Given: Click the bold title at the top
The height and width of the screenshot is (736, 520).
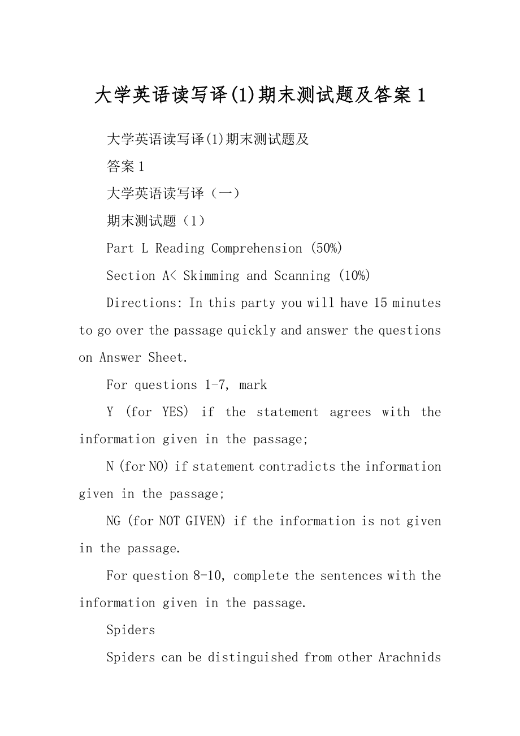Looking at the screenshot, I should pyautogui.click(x=259, y=95).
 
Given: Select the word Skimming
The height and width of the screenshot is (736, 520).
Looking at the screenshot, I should pyautogui.click(x=211, y=276).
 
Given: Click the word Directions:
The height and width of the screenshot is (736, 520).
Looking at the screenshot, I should pyautogui.click(x=145, y=303).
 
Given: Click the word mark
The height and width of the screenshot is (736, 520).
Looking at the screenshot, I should pyautogui.click(x=253, y=385).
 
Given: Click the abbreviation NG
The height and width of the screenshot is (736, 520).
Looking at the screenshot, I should pyautogui.click(x=114, y=521).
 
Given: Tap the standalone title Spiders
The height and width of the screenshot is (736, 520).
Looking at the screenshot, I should pyautogui.click(x=131, y=630).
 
